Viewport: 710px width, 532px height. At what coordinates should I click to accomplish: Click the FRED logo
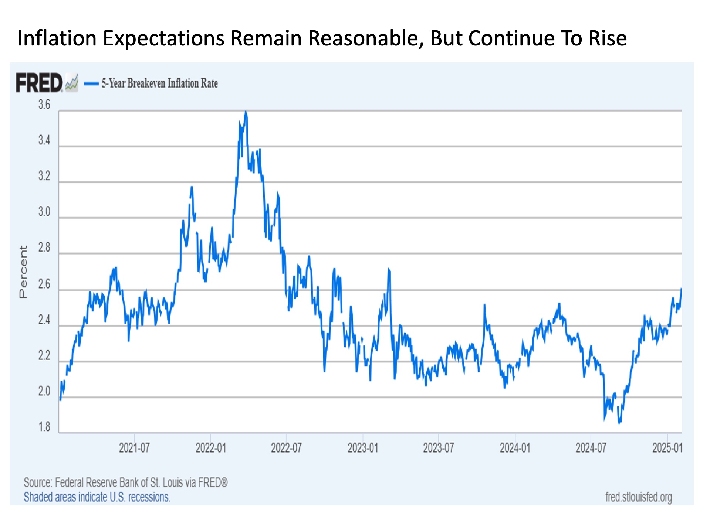click(39, 83)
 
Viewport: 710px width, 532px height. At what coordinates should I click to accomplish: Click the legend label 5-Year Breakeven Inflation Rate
click(160, 83)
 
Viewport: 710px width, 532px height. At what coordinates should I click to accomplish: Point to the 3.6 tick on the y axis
click(44, 105)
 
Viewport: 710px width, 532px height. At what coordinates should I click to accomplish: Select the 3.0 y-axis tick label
click(44, 212)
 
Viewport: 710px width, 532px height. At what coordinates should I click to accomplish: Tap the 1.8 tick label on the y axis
click(44, 427)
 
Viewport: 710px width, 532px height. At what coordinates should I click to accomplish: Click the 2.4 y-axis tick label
click(44, 320)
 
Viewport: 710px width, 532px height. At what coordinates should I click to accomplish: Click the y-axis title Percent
click(23, 272)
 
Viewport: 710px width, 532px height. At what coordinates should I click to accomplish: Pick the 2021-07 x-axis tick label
click(134, 448)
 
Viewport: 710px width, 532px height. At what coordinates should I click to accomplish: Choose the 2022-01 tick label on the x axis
click(210, 448)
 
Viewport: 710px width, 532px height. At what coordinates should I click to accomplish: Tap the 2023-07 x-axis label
click(438, 448)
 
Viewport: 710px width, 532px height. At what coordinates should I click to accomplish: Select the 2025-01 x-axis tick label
click(667, 448)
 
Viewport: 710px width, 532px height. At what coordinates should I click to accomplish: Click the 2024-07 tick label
click(591, 448)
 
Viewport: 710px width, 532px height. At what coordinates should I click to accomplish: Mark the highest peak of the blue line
click(246, 112)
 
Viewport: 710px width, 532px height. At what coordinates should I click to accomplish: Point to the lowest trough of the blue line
click(620, 423)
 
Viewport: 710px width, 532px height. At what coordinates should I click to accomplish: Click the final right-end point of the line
click(681, 289)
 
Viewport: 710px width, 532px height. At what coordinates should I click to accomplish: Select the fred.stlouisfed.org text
click(639, 497)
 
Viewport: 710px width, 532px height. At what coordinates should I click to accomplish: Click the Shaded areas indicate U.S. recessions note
click(97, 497)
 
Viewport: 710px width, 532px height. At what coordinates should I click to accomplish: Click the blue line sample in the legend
click(91, 83)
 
